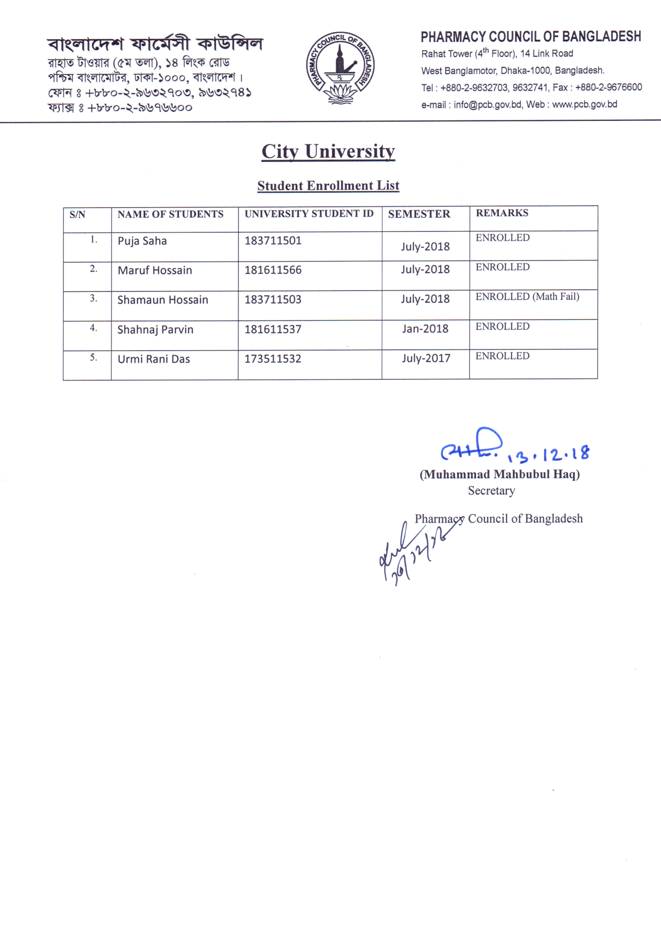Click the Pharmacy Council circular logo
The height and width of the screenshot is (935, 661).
point(340,68)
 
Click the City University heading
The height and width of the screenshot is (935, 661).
point(328,151)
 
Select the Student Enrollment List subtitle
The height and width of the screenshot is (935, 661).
point(328,186)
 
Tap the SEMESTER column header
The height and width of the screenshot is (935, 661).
point(419,214)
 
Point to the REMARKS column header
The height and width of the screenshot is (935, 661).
point(502,213)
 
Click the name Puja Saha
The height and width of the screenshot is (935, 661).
point(142,241)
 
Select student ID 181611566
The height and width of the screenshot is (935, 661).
point(273,270)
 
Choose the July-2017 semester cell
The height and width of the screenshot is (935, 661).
point(426,358)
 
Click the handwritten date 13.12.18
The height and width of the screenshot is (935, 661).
point(548,454)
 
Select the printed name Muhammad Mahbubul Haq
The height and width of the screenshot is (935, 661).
point(500,474)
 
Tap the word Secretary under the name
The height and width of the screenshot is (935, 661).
point(491,491)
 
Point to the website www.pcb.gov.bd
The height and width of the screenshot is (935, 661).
point(585,105)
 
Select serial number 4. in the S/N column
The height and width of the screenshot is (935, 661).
point(93,328)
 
